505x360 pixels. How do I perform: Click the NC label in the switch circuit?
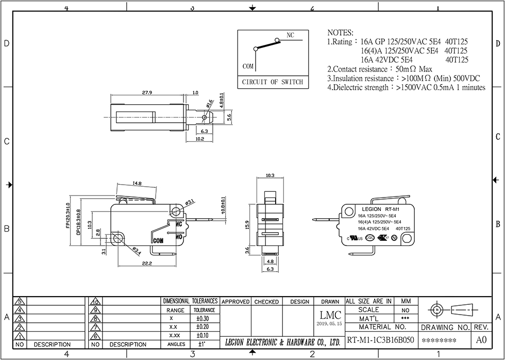tap(290, 36)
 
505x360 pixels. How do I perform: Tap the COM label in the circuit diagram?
tap(248, 67)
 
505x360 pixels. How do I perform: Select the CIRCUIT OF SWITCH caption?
tap(272, 82)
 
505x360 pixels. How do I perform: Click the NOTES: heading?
tap(340, 32)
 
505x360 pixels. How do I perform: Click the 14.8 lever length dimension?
tap(137, 183)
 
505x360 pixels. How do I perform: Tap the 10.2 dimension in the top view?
tap(200, 139)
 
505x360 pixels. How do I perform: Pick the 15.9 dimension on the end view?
tap(247, 225)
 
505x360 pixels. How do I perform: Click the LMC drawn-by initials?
tap(330, 315)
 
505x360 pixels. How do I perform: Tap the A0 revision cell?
tap(481, 340)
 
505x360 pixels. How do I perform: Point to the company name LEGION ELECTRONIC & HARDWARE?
tap(283, 342)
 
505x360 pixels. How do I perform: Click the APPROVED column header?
tap(235, 302)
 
